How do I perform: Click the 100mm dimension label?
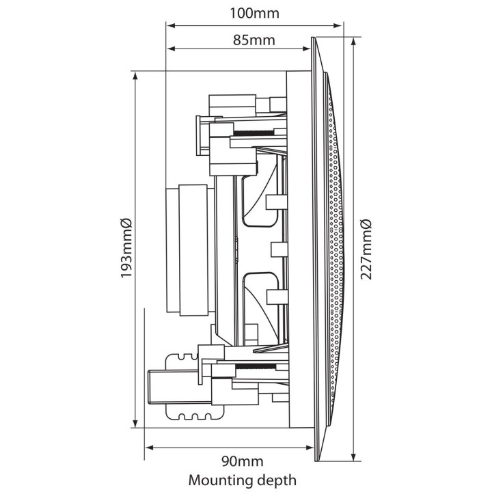254,12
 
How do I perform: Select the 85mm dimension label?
254,39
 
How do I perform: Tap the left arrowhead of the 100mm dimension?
171,26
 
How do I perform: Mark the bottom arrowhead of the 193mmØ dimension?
135,424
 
